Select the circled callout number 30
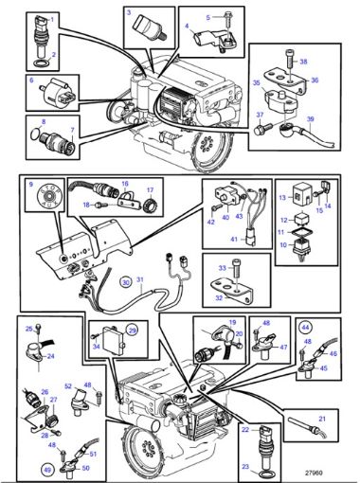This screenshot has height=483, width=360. [125, 281]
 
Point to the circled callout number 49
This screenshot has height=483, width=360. [47, 469]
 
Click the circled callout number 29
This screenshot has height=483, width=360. [133, 329]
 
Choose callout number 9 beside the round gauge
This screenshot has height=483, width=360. [30, 184]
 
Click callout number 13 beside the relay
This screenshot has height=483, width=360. [281, 199]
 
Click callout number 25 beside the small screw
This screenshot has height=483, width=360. [29, 328]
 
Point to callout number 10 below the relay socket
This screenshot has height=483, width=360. [281, 245]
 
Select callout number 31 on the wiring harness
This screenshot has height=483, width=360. [138, 280]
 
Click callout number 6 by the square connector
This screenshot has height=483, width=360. [30, 82]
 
